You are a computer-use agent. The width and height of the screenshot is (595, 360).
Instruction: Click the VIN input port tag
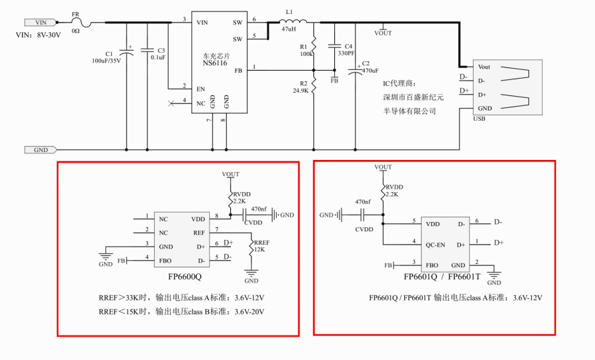point(41,23)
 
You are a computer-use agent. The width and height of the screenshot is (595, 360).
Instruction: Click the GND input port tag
point(41,150)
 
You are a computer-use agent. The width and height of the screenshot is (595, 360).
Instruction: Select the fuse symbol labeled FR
point(81,23)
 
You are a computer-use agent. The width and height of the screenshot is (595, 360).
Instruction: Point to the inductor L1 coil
point(293,21)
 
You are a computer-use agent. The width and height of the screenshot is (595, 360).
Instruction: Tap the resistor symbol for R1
point(314,45)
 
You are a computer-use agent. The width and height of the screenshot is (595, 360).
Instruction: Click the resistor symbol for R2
point(314,83)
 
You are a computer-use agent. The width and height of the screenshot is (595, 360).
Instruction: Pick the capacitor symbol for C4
point(334,45)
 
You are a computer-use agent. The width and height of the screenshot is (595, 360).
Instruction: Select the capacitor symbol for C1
point(126,53)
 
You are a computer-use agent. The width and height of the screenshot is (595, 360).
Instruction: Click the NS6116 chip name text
point(215,63)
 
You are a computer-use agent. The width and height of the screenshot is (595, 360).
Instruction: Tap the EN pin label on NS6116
point(201,89)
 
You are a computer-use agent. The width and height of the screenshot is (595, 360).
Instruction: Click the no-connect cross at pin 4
point(171,103)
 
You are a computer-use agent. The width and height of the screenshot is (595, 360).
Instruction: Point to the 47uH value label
point(289,29)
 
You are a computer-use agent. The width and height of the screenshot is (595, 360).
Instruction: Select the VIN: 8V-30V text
point(38,35)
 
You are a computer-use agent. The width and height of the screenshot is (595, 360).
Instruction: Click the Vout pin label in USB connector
point(484,67)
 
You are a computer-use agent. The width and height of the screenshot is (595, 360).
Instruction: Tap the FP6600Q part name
point(185,277)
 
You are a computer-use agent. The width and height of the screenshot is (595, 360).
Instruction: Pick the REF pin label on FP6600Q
point(199,233)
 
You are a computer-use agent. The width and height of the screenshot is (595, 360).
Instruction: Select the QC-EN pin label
point(436,245)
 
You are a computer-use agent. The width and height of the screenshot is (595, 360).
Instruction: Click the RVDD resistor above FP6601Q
point(383,190)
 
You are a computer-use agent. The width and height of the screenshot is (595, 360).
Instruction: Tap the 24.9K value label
point(301,91)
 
